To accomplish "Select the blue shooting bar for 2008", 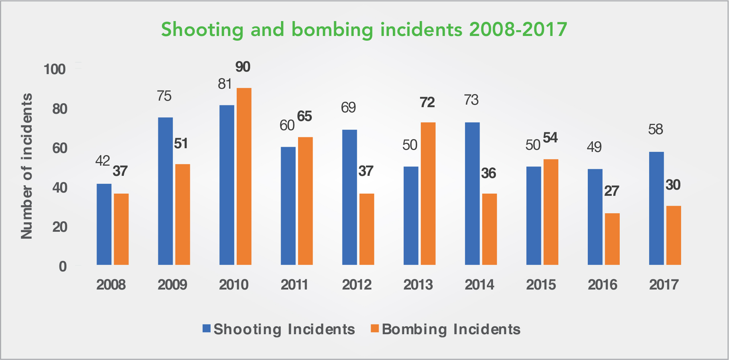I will click(x=104, y=224).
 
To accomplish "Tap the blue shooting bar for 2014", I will click(x=472, y=193).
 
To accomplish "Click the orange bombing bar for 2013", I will click(x=428, y=193).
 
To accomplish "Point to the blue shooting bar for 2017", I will click(x=656, y=208).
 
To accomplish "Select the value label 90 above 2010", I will click(x=243, y=67).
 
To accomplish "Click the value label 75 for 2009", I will click(x=164, y=96).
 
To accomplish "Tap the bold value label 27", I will click(x=611, y=191).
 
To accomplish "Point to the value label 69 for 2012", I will click(x=349, y=108).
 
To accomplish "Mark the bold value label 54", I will click(x=550, y=138).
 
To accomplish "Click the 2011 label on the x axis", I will click(x=294, y=284).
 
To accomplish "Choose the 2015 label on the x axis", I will click(x=541, y=284).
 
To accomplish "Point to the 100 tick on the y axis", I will click(x=54, y=69).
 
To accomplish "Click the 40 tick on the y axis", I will click(x=60, y=187).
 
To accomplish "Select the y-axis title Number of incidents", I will click(x=27, y=166).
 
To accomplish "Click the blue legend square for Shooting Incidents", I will click(x=207, y=328).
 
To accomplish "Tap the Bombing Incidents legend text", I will click(x=451, y=329).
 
